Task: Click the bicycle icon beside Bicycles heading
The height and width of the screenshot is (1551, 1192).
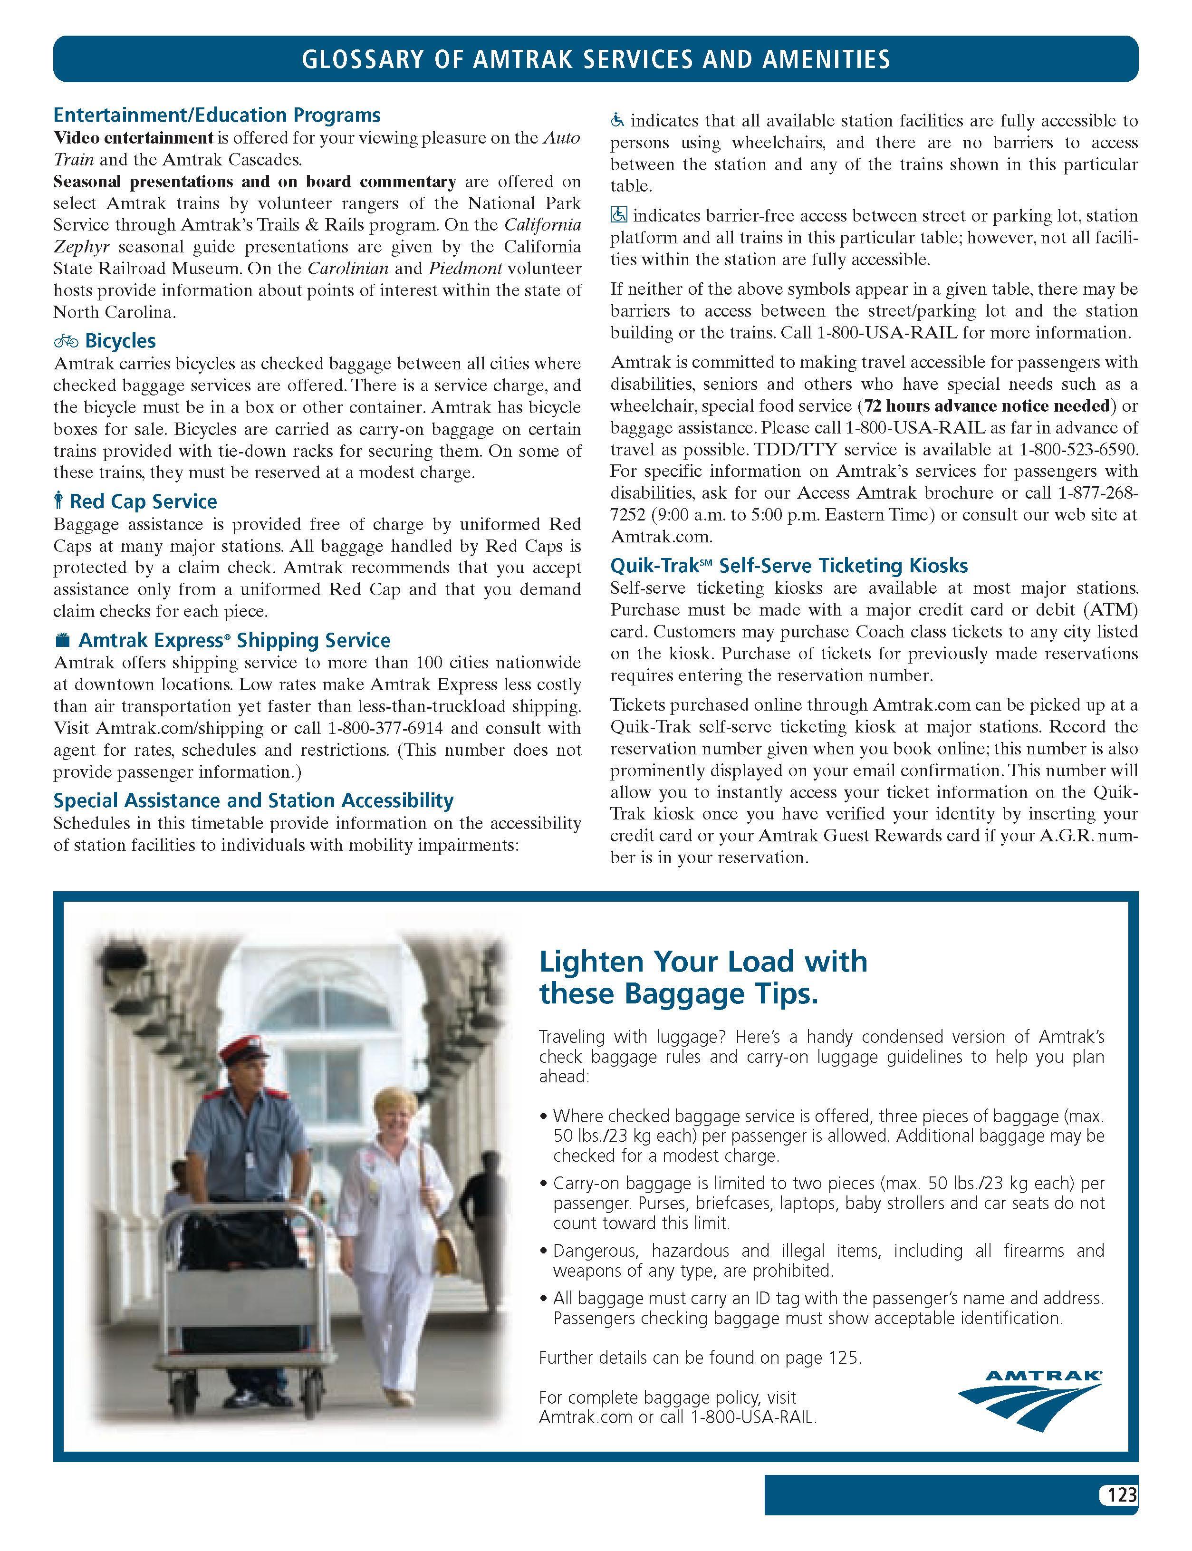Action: (66, 341)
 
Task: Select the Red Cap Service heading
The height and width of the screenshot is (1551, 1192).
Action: (144, 501)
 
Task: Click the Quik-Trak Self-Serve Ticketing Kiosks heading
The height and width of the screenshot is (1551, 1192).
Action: (789, 566)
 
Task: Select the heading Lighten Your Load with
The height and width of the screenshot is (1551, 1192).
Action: (703, 962)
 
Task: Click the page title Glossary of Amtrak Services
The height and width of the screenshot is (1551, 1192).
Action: (596, 59)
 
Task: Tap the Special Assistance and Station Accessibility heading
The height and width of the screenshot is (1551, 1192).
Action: (253, 800)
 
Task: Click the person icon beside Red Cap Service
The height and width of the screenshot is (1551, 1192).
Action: (59, 501)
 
